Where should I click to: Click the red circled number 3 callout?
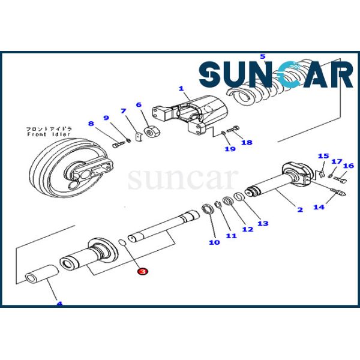pyautogui.click(x=142, y=272)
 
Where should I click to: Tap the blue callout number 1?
pyautogui.click(x=181, y=88)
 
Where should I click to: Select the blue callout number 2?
pyautogui.click(x=300, y=209)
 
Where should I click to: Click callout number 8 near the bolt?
pyautogui.click(x=91, y=124)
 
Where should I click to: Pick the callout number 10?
pyautogui.click(x=214, y=242)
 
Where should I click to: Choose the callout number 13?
pyautogui.click(x=263, y=223)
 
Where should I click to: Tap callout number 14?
pyautogui.click(x=319, y=207)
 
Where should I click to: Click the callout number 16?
pyautogui.click(x=349, y=165)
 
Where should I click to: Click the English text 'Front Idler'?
pyautogui.click(x=44, y=135)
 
